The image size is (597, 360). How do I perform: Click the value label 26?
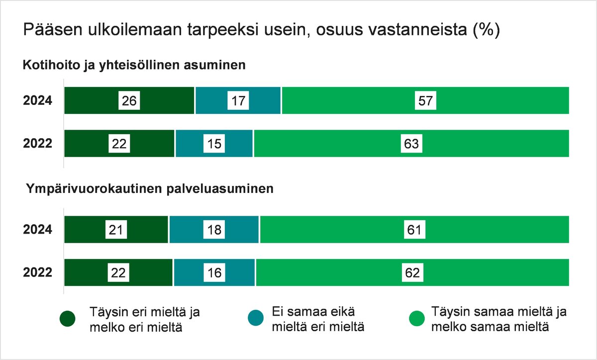pyautogui.click(x=129, y=101)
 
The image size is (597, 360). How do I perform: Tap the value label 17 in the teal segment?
pyautogui.click(x=238, y=101)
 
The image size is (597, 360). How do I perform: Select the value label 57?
pyautogui.click(x=426, y=101)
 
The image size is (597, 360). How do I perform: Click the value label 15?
pyautogui.click(x=214, y=144)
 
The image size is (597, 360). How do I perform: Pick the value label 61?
pyautogui.click(x=414, y=230)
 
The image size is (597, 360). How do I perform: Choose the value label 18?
pyautogui.click(x=214, y=230)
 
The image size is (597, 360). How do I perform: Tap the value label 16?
pyautogui.click(x=214, y=272)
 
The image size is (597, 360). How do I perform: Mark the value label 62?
pyautogui.click(x=412, y=272)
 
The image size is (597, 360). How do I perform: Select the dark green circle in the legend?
pyautogui.click(x=67, y=319)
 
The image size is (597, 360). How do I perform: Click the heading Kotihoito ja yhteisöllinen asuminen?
pyautogui.click(x=134, y=65)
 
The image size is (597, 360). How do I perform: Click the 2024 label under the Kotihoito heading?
pyautogui.click(x=38, y=101)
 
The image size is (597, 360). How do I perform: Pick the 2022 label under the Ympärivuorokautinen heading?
pyautogui.click(x=38, y=272)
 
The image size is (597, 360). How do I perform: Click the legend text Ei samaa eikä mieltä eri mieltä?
pyautogui.click(x=318, y=319)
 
